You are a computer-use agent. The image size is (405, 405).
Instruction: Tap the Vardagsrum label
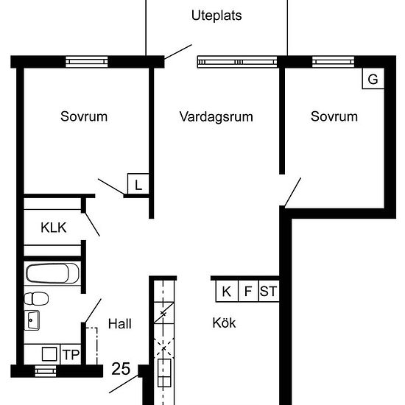[216, 116]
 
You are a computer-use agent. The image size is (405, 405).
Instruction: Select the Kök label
[224, 323]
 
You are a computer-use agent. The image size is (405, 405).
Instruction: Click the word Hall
[119, 323]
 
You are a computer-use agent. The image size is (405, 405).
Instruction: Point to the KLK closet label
[54, 228]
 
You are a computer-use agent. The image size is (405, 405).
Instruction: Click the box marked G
[373, 79]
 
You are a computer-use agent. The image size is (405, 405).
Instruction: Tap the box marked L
[138, 184]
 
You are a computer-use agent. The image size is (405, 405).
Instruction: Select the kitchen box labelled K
[226, 292]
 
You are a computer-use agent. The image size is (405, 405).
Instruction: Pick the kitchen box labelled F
[247, 292]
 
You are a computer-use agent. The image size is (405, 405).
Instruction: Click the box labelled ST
[269, 292]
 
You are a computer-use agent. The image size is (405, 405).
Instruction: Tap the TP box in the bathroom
[70, 354]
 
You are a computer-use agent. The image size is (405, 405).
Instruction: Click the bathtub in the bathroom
[52, 274]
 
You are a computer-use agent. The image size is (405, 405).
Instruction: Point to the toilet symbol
[36, 298]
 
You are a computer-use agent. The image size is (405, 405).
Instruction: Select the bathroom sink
[33, 320]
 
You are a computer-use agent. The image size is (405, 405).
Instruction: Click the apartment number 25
[121, 367]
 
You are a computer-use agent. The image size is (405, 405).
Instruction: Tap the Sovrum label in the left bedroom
[84, 116]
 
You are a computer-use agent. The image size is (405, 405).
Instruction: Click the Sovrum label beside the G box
[334, 116]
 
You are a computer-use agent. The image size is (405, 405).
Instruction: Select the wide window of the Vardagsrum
[237, 62]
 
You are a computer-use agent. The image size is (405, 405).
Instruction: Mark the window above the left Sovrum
[87, 62]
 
